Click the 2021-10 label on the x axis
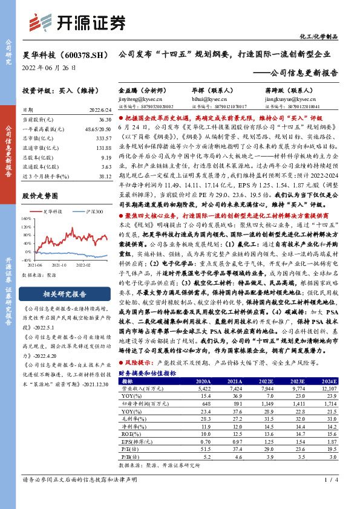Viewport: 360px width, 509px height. pos(59,264)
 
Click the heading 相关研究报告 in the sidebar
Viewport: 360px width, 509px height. pos(65,294)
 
